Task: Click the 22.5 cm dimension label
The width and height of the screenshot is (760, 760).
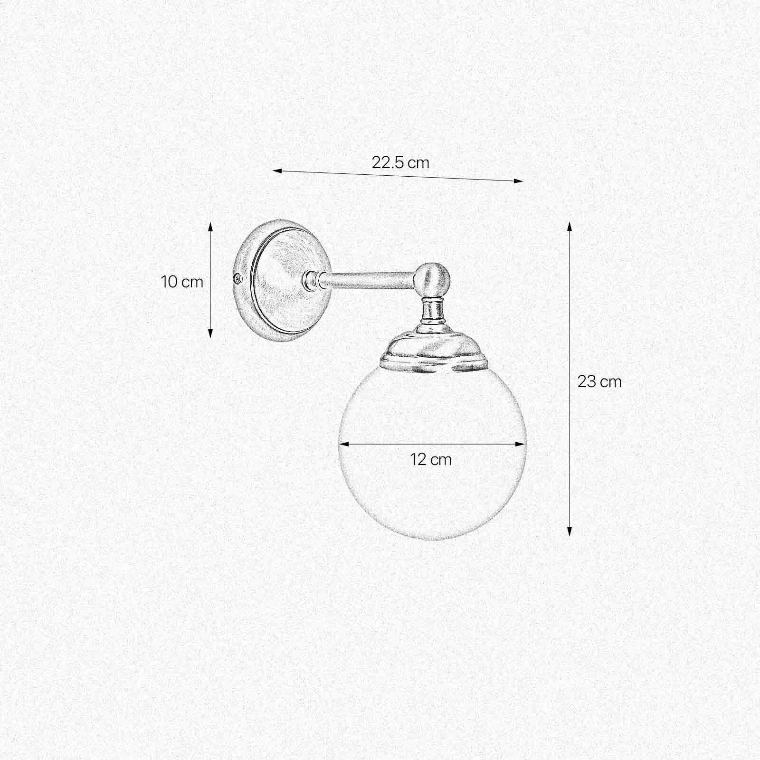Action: (400, 163)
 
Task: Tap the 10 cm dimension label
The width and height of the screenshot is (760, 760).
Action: (182, 282)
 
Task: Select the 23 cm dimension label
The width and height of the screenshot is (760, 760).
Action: (599, 381)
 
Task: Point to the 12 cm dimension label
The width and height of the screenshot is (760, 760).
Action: (431, 459)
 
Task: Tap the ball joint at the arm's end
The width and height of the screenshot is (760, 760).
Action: (432, 280)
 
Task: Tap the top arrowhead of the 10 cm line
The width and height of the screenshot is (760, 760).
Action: (210, 224)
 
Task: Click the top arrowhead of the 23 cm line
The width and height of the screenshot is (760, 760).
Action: (569, 225)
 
